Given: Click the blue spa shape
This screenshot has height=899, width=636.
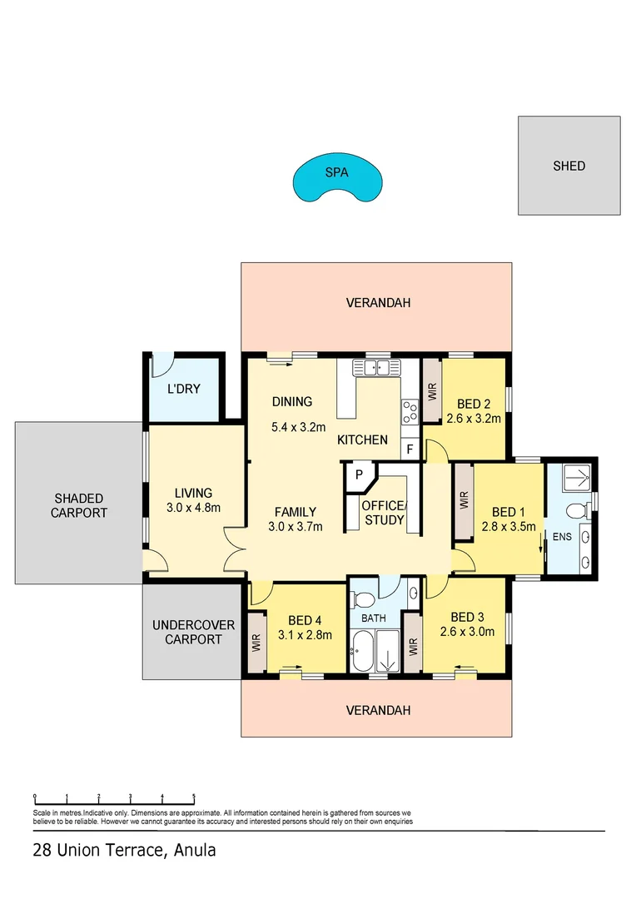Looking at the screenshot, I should pos(337,180).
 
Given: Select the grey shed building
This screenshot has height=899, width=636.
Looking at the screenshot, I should pos(569,166).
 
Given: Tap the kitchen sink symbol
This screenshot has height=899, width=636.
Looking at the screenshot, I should pos(376,367).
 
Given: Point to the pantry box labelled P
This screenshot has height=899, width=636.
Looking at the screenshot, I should pos(359,474).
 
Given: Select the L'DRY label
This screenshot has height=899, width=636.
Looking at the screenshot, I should pos(183,389).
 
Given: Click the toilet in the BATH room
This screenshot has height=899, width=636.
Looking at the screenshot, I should pos(362,599).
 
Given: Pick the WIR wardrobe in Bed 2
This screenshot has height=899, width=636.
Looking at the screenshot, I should pos(431,390).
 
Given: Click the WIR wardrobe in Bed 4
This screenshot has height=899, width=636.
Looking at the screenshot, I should pos(256,642).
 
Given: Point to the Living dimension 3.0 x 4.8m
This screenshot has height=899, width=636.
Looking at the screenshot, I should pos(193,508).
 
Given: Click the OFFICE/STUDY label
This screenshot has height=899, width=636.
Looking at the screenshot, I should pos(384,514).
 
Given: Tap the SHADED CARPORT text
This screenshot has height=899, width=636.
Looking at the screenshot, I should pos(79,505).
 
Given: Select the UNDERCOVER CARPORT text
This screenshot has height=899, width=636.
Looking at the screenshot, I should pos(193,632).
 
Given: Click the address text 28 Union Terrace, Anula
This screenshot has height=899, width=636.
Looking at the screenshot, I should pos(124,851).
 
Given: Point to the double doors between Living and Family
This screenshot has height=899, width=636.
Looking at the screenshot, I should pos(235,552).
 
